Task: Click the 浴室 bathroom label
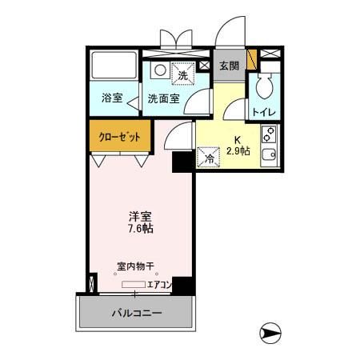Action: coord(112,98)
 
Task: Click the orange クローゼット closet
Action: coord(118,136)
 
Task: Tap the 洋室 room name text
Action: coord(141,215)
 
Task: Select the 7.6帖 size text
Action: coord(141,228)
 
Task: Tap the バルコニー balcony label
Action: coord(136,312)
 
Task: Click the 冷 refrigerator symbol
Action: coord(210,158)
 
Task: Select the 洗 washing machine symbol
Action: coord(182,74)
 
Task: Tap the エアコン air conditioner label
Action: coord(159,283)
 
